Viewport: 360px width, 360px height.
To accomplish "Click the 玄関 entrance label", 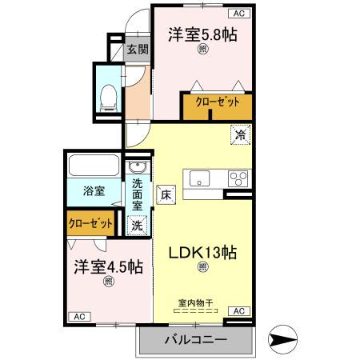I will (137, 50).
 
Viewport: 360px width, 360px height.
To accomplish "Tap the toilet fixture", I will (109, 98).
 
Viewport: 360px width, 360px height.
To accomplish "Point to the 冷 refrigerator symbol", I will (240, 136).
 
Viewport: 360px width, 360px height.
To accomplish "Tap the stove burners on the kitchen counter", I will (238, 178).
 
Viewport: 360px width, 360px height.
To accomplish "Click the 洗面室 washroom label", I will (137, 194).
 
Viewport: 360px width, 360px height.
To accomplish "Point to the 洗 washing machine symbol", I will (137, 226).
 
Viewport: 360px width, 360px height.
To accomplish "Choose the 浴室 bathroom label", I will (94, 191).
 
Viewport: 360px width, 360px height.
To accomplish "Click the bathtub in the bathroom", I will (95, 166).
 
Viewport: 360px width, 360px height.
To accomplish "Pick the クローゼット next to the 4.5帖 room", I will (90, 224).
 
